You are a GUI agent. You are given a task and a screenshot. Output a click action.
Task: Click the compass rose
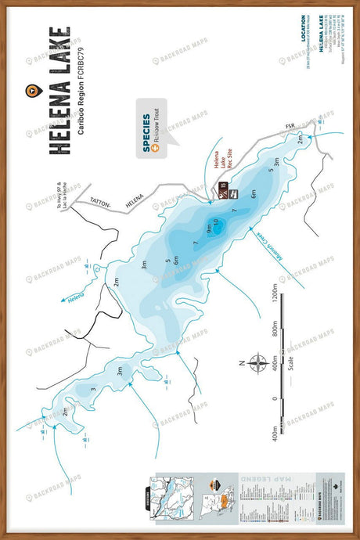pyautogui.click(x=257, y=362)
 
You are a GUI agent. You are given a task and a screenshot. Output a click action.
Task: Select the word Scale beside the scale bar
pyautogui.click(x=290, y=362)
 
